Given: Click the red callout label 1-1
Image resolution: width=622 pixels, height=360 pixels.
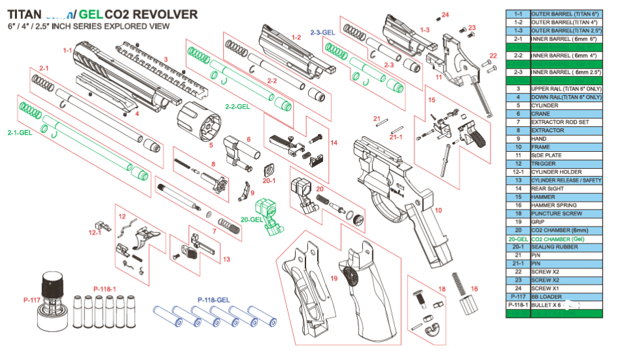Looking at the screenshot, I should (67, 50).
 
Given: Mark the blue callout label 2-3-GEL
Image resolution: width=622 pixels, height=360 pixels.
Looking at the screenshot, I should (322, 31).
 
